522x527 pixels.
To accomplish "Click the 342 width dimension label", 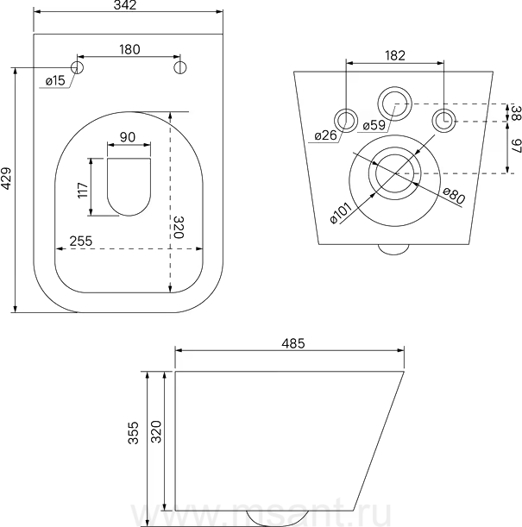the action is tap(125, 4).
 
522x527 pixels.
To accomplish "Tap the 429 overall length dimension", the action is tap(7, 179).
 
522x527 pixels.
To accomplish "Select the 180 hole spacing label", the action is tap(129, 49).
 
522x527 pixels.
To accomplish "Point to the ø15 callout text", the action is tap(55, 81).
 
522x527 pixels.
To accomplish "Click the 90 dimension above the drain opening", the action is tap(128, 137).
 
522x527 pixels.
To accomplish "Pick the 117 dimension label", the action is tap(83, 191).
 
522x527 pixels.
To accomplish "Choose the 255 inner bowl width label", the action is tap(81, 241).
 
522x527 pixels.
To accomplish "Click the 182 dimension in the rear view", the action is tap(395, 55).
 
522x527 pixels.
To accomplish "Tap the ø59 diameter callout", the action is tap(374, 125).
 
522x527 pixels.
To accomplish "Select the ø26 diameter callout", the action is tap(325, 135).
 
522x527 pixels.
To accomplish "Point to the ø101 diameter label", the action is tap(341, 213).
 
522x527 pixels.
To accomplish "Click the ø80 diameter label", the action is tap(454, 196).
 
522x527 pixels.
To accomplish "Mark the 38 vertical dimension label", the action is tap(517, 113).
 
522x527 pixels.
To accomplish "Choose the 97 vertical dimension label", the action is tap(517, 147).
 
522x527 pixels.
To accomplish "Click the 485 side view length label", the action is tap(293, 343).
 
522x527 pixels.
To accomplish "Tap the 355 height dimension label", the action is tap(134, 433).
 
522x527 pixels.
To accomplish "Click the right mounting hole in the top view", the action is tap(180, 67).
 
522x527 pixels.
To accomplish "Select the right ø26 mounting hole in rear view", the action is tap(443, 121).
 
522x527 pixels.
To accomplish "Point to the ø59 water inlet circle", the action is tap(394, 104).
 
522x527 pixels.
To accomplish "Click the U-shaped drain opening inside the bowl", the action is tap(129, 186).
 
